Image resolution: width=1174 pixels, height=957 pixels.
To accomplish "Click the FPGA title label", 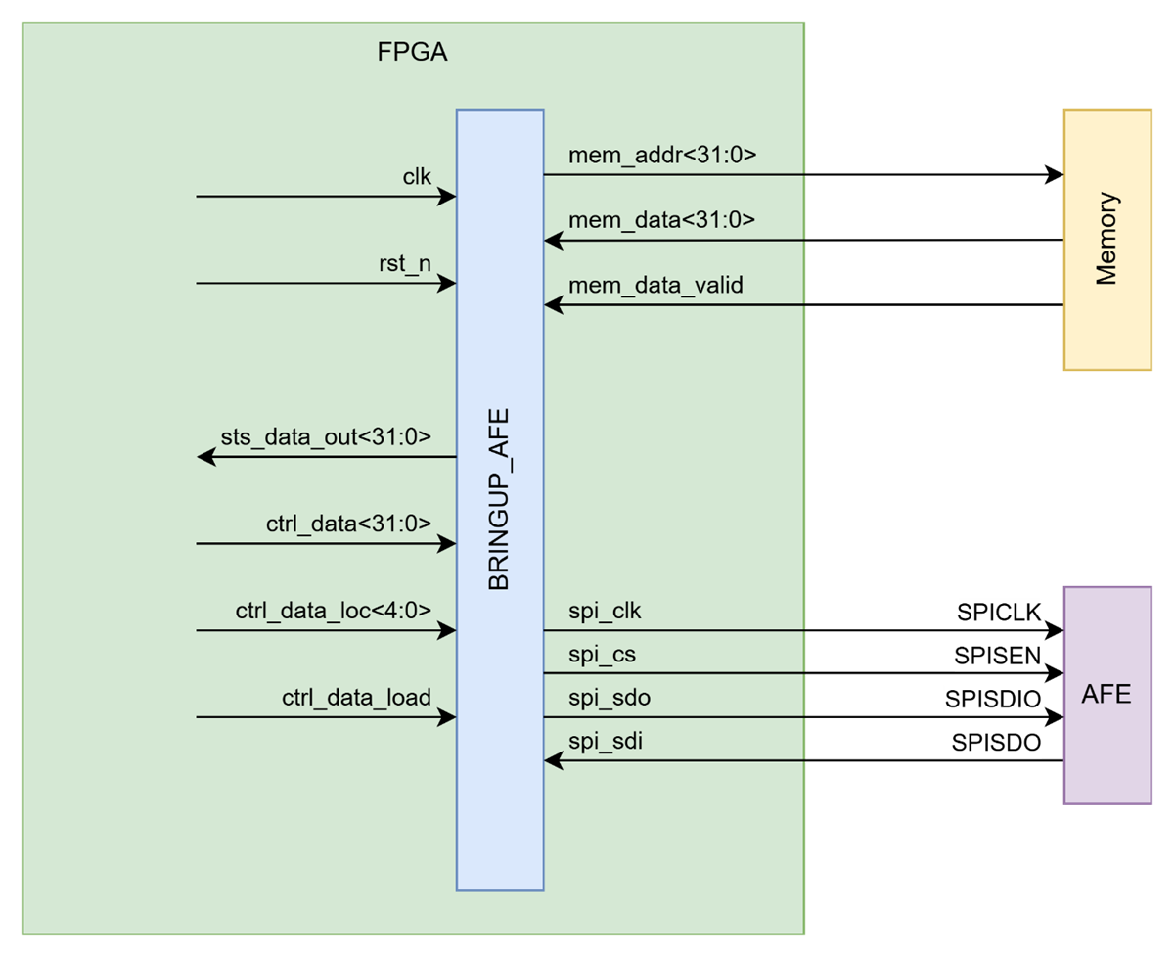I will point(412,53).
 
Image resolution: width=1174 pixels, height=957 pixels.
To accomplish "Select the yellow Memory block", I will point(1106,240).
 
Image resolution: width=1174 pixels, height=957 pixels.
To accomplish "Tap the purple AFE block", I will point(1106,696).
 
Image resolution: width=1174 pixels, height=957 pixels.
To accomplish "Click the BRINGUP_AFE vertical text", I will point(499,500).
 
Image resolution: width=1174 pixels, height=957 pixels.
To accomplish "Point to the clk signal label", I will point(417,176).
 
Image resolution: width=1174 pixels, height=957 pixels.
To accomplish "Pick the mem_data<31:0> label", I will point(661,220).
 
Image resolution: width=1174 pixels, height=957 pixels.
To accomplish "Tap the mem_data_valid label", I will point(655,285).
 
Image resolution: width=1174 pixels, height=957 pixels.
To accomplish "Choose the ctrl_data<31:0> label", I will point(348,524).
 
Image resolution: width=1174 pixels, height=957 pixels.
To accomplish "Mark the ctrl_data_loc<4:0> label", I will point(333,611).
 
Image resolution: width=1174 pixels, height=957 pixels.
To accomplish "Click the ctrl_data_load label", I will point(356,697).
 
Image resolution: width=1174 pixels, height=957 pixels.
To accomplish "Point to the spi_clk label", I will point(605,611).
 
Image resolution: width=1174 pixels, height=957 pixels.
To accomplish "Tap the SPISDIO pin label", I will point(992,699).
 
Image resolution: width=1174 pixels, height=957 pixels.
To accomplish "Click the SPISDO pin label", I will point(995,742).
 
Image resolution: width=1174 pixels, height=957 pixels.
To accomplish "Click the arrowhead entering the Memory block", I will point(1055,175).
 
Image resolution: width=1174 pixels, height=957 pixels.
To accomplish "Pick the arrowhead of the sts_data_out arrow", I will point(205,457).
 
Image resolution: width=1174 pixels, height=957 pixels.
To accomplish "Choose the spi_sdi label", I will point(605,741).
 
